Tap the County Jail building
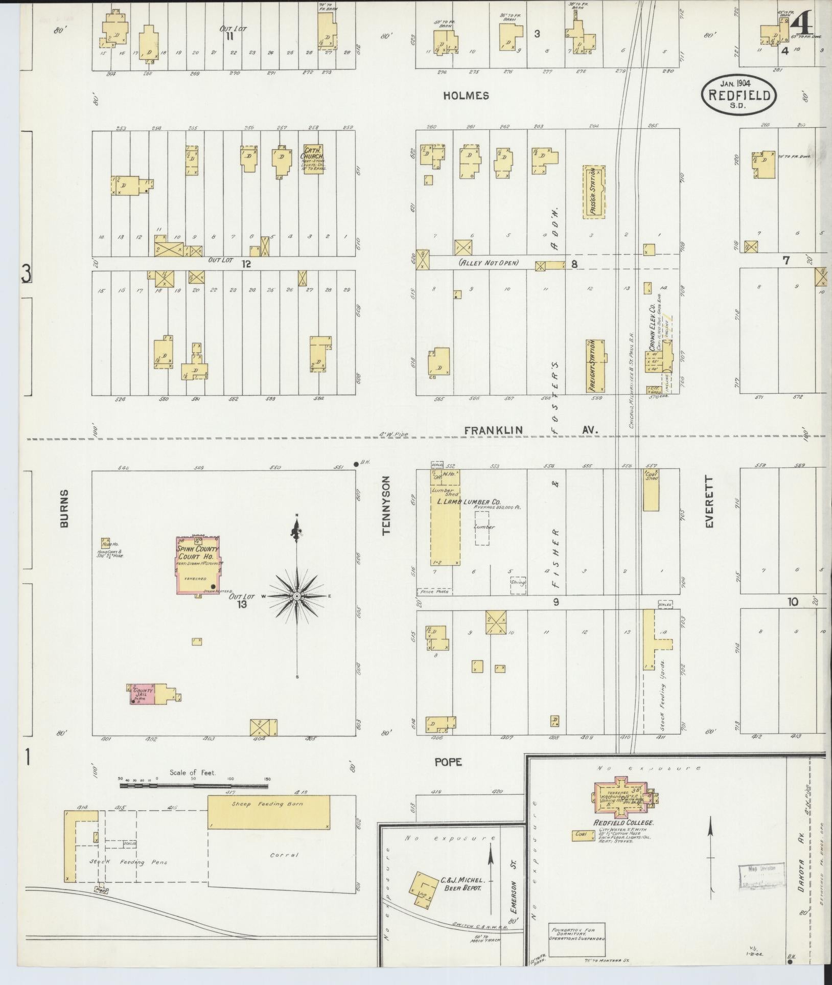[x=143, y=694]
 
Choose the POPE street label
[x=448, y=762]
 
